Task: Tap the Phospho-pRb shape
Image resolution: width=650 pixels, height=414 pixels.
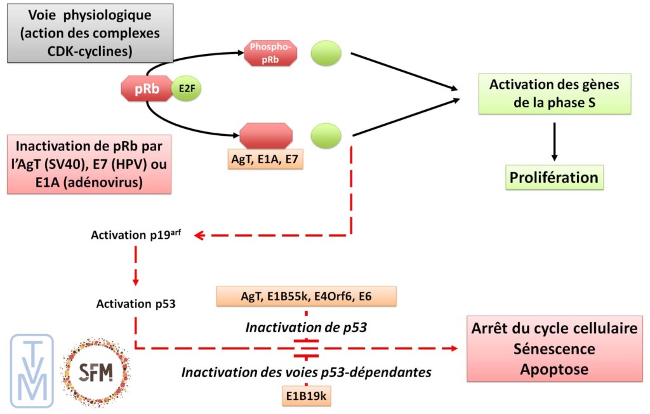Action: (x=270, y=52)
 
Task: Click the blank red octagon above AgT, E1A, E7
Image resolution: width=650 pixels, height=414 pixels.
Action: (x=267, y=135)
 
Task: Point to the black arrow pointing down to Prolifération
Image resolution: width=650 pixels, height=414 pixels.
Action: (x=555, y=140)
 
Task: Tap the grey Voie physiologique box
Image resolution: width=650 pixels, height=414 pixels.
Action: (x=90, y=33)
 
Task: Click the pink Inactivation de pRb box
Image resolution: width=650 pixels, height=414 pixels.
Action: (x=90, y=164)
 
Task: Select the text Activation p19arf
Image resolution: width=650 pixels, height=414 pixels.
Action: (x=136, y=235)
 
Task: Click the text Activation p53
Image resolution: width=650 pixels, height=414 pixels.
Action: (x=136, y=304)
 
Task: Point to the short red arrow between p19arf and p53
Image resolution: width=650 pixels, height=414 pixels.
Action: (x=136, y=267)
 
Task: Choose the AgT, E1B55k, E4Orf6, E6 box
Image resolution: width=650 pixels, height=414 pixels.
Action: (x=306, y=296)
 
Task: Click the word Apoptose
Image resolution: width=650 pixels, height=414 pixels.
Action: (x=557, y=369)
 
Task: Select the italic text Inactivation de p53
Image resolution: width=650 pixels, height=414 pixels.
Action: (x=306, y=328)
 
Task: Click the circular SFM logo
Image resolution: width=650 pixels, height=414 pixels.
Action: (x=95, y=372)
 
